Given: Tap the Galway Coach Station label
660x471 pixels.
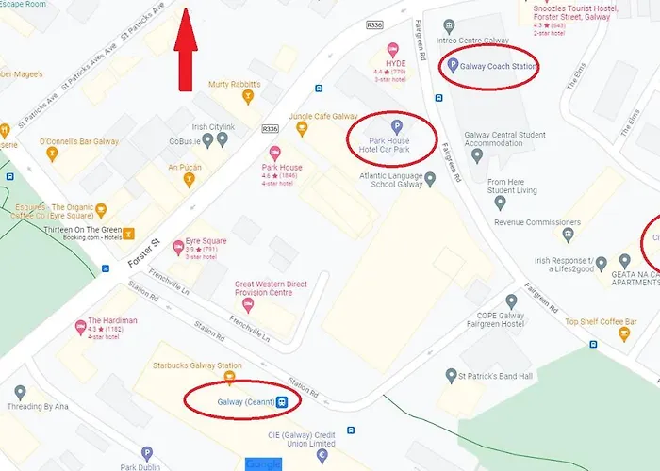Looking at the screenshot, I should (x=499, y=66).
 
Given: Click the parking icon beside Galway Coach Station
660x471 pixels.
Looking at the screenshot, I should (x=451, y=66).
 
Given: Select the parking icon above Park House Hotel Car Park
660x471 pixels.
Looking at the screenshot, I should (x=396, y=126).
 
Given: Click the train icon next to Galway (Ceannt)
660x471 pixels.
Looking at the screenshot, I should (x=282, y=401).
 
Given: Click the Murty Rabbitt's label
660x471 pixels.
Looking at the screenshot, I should (x=235, y=84).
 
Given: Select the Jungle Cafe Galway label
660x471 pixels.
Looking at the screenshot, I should (x=323, y=116).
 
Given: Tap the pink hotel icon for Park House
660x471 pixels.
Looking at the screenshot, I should (x=274, y=154).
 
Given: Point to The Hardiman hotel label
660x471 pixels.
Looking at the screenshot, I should (x=112, y=320).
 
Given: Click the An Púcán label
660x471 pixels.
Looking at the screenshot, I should (x=186, y=167).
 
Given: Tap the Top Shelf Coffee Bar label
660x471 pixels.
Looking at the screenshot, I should (x=601, y=322).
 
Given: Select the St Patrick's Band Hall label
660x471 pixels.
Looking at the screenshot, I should (x=495, y=376).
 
